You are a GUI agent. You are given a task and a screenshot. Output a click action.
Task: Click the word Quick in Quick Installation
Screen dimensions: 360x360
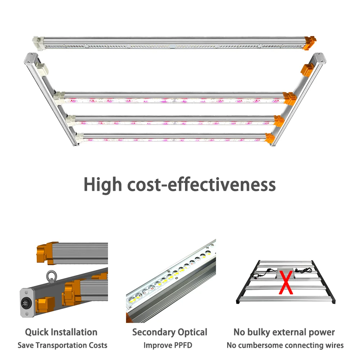tap(37, 332)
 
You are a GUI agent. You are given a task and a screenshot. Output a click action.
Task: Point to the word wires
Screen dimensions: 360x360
tap(334, 345)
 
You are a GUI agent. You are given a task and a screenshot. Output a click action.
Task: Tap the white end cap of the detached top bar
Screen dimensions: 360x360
tap(38, 41)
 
